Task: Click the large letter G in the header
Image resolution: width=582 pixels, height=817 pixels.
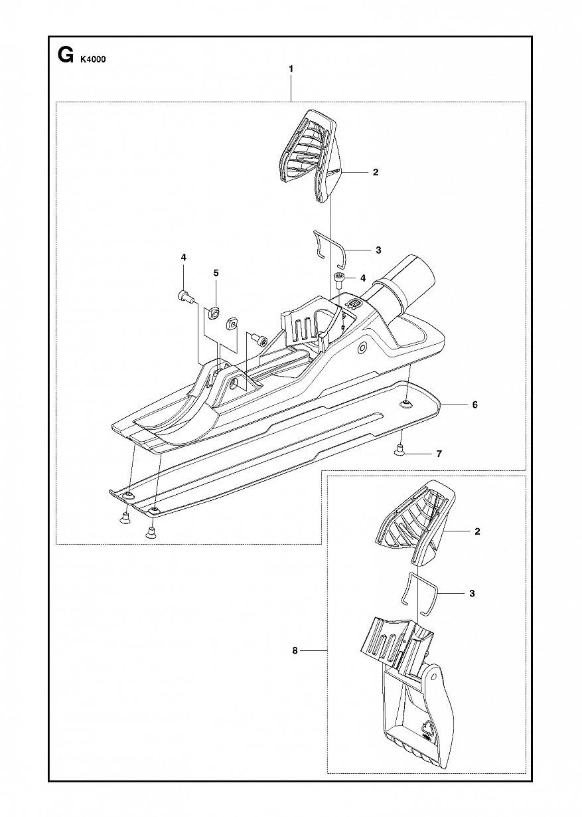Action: click(64, 56)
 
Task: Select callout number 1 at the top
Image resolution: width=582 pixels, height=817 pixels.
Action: click(291, 68)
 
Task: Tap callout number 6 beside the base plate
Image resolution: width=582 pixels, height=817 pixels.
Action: click(474, 405)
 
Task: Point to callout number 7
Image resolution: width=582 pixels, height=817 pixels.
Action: click(439, 454)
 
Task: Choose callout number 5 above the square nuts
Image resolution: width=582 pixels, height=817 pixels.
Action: click(216, 273)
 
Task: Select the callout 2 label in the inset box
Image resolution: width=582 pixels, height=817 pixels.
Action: click(477, 531)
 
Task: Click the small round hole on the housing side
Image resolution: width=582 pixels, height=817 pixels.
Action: click(362, 348)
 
